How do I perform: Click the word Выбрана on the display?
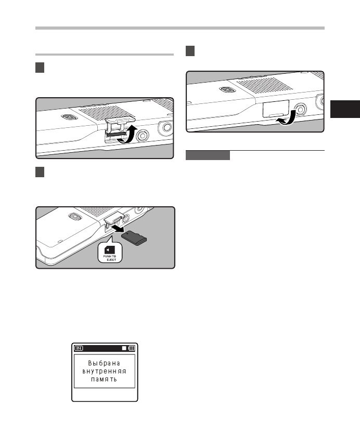click(x=105, y=363)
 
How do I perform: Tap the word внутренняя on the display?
click(x=105, y=372)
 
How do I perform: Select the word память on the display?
click(x=105, y=380)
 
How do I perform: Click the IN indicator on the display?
click(x=79, y=348)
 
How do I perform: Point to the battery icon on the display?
click(x=132, y=348)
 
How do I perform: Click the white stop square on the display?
click(x=123, y=348)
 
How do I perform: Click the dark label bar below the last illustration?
click(x=208, y=155)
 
